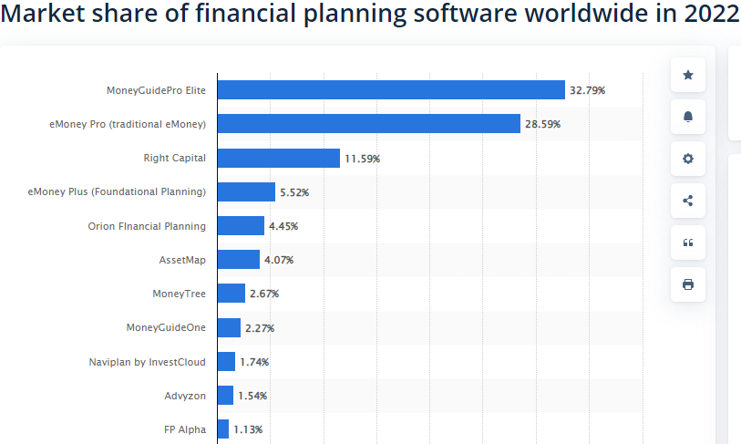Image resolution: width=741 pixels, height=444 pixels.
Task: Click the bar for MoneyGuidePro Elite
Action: click(x=391, y=89)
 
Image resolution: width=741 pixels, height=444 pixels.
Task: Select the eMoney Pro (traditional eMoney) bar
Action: click(x=368, y=123)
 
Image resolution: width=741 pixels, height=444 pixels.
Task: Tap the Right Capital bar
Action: click(x=278, y=158)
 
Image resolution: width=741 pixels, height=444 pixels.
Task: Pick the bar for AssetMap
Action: click(x=238, y=260)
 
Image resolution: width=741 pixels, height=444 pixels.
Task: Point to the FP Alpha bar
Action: click(x=223, y=429)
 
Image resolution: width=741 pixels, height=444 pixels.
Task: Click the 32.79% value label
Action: click(x=587, y=90)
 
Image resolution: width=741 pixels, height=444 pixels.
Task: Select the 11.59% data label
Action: click(x=362, y=159)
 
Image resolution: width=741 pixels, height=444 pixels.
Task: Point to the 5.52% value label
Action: click(x=294, y=192)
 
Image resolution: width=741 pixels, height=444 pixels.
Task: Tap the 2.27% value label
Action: click(x=260, y=328)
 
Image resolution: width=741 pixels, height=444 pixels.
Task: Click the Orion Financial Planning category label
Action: click(x=147, y=226)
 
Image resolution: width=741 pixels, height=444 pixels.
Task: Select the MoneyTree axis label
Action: click(x=179, y=294)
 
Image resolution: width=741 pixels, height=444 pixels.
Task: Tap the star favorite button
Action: click(x=687, y=75)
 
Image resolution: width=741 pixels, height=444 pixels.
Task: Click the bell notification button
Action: click(x=687, y=117)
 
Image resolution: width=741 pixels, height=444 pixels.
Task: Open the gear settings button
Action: click(x=687, y=159)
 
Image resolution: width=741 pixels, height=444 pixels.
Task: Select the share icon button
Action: click(x=687, y=201)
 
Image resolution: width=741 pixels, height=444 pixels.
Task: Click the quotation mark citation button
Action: click(x=687, y=243)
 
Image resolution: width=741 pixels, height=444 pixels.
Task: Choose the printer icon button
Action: click(x=687, y=284)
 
